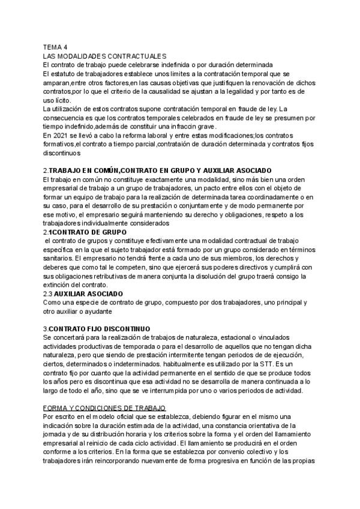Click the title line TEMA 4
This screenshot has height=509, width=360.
[x=56, y=47]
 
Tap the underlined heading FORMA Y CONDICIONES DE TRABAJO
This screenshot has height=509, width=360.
[x=104, y=408]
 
